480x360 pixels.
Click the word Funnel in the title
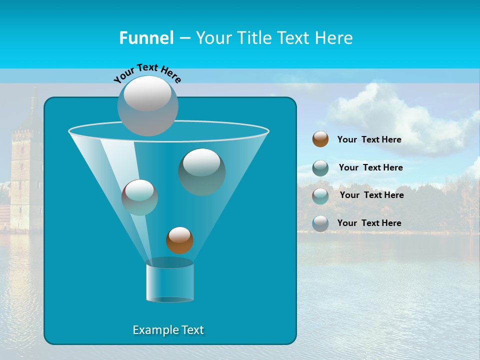click(x=146, y=38)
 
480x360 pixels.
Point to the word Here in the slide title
click(x=333, y=38)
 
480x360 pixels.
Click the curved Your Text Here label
click(x=147, y=73)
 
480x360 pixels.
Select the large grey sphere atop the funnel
click(x=148, y=105)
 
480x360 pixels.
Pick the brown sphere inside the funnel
click(x=179, y=240)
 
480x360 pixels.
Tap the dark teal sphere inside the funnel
click(x=201, y=172)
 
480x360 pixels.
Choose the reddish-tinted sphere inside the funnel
click(x=139, y=197)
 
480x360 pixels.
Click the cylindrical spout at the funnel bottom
click(x=169, y=282)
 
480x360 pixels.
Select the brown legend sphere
click(x=320, y=139)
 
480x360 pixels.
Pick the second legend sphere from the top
click(x=320, y=167)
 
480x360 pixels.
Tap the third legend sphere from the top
click(x=320, y=195)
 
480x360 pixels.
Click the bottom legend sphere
click(x=320, y=223)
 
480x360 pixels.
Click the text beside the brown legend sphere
click(x=369, y=139)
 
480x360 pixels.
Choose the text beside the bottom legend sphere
click(x=369, y=223)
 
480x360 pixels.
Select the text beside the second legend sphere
click(x=370, y=167)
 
